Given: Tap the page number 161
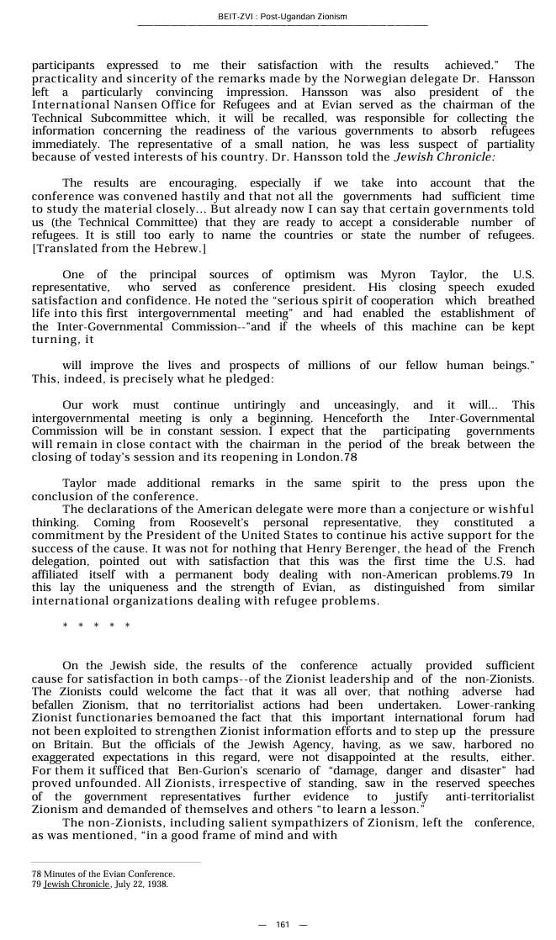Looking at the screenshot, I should pyautogui.click(x=283, y=925).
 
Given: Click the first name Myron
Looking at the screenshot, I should pyautogui.click(x=400, y=275).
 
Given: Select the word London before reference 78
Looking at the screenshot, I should pyautogui.click(x=322, y=457).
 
